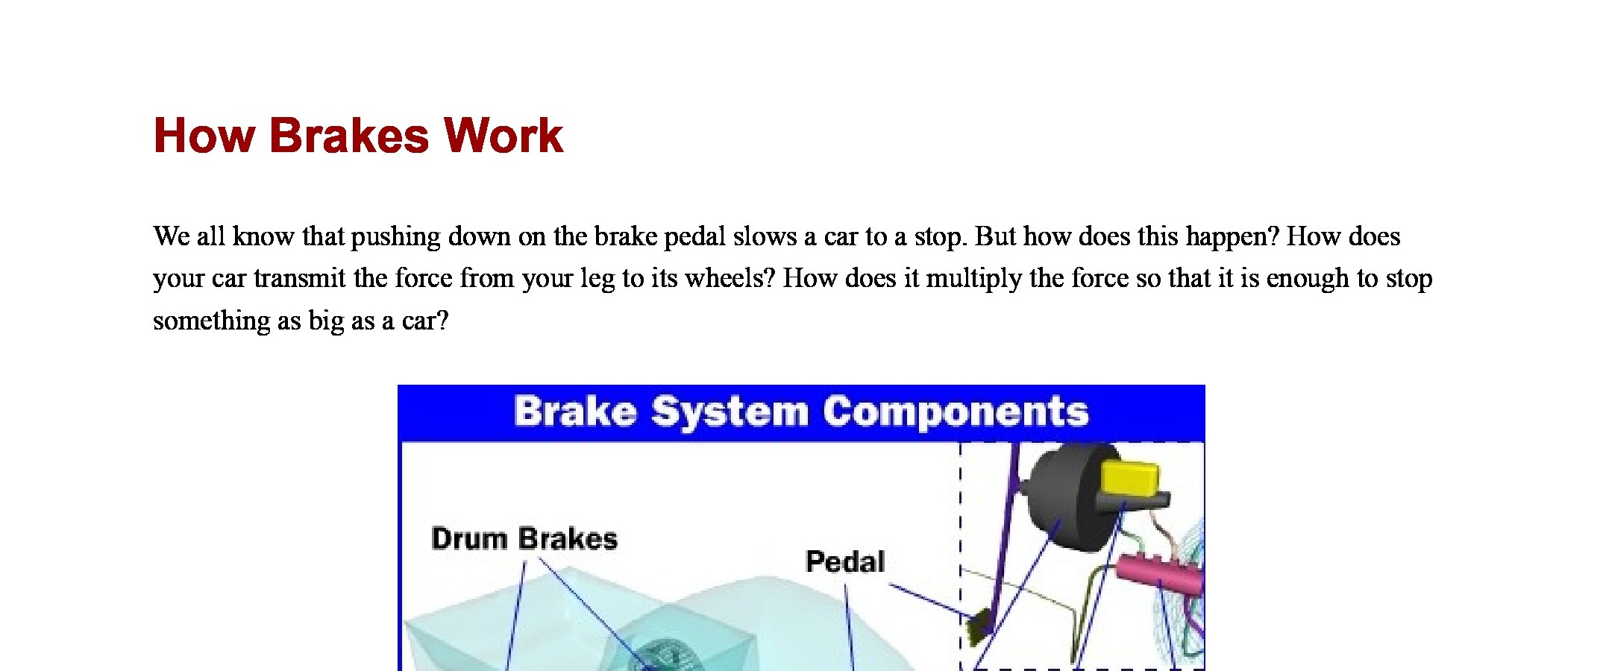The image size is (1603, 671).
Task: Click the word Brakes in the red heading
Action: (348, 136)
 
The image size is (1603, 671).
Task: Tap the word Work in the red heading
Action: (504, 136)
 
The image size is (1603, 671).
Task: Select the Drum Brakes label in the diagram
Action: (524, 538)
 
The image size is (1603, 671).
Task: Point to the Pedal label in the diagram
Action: (845, 561)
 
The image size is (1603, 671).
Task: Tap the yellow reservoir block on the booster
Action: (1130, 478)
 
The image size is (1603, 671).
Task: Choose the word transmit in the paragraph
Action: (300, 279)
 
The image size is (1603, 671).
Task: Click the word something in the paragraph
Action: (212, 321)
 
